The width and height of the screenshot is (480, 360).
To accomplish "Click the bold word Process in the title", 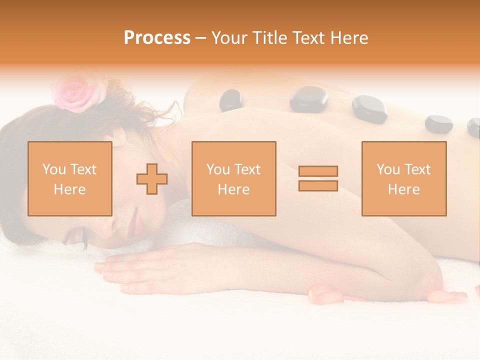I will point(157,37).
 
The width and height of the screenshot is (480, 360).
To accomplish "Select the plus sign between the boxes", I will point(152,178).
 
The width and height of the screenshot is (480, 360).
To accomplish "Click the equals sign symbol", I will point(318,178).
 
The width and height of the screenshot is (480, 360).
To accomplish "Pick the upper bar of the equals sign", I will point(318,171).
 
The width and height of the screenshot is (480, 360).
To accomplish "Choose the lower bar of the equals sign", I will point(318,185).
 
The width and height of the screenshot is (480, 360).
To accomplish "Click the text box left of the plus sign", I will point(69,178).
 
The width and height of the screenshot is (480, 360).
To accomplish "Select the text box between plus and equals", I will point(233,178).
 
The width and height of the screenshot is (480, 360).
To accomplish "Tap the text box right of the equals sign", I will point(403,178).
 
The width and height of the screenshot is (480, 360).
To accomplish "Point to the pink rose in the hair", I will point(79,93).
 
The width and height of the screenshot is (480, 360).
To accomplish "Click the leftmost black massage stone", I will point(230,99).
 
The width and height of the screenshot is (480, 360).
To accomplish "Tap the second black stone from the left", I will point(308,98).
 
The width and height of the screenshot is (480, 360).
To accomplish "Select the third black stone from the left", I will point(369,109).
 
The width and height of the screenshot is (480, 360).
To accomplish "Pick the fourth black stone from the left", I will point(438,124).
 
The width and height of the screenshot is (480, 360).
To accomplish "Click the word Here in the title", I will point(348,37).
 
